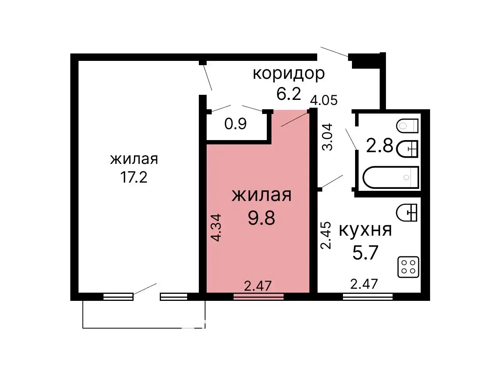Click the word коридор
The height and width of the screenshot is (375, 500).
pyautogui.click(x=289, y=73)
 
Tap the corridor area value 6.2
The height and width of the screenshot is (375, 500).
pyautogui.click(x=289, y=94)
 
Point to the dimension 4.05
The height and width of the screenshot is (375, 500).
pyautogui.click(x=323, y=100)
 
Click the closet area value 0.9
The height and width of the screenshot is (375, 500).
pyautogui.click(x=236, y=124)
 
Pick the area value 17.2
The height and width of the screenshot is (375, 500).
pyautogui.click(x=134, y=178)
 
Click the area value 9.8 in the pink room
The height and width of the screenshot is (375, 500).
pyautogui.click(x=261, y=218)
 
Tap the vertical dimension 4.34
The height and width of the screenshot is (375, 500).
pyautogui.click(x=216, y=227)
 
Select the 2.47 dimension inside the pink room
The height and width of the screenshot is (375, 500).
pyautogui.click(x=258, y=286)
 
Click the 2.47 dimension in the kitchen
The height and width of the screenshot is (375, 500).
pyautogui.click(x=364, y=284)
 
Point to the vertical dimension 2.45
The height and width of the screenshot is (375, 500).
pyautogui.click(x=326, y=235)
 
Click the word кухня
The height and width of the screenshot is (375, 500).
pyautogui.click(x=365, y=230)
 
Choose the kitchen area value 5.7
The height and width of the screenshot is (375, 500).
pyautogui.click(x=365, y=252)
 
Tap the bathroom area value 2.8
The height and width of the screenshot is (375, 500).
pyautogui.click(x=379, y=146)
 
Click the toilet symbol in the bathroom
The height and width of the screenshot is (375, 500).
pyautogui.click(x=407, y=126)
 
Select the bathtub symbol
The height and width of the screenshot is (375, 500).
pyautogui.click(x=391, y=178)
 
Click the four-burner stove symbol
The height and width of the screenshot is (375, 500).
pyautogui.click(x=408, y=267)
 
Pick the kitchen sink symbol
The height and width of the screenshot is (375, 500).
pyautogui.click(x=407, y=213)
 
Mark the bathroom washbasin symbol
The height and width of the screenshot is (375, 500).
pyautogui.click(x=407, y=149)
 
